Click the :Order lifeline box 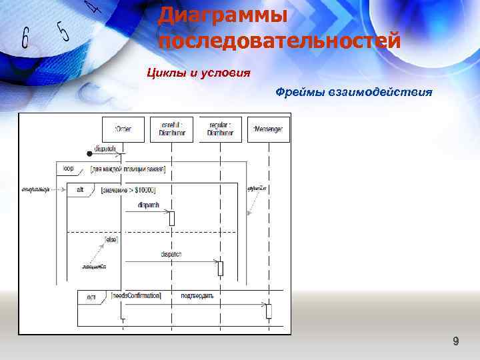click(x=123, y=129)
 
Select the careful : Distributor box click(x=172, y=129)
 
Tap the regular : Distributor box click(x=220, y=129)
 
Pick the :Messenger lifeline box click(x=269, y=129)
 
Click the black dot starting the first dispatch click(x=90, y=154)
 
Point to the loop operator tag click(x=69, y=169)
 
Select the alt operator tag click(x=80, y=190)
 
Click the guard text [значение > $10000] click(x=128, y=190)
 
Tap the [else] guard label click(x=111, y=238)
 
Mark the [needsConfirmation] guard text click(x=136, y=295)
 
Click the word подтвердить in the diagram click(x=197, y=295)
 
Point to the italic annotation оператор click(x=36, y=189)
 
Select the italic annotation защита click(x=93, y=267)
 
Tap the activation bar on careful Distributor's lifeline click(x=171, y=218)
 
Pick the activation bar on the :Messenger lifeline click(x=269, y=311)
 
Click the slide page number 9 click(x=455, y=342)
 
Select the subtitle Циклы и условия click(x=199, y=72)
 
